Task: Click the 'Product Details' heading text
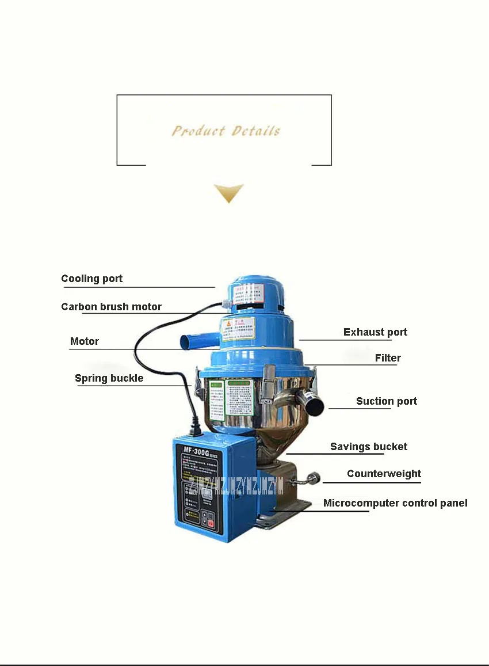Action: coord(226,131)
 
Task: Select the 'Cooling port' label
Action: coord(92,279)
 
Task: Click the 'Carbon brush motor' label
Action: coord(112,307)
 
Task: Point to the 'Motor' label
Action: coord(85,341)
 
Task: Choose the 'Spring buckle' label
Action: coord(109,378)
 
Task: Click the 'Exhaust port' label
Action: coord(375,332)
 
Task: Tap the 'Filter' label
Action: coord(388,358)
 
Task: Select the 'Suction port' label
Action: coord(387,401)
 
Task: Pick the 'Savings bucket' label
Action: coord(369,447)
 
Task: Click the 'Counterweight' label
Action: coord(384,474)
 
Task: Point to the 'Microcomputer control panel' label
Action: coord(395,503)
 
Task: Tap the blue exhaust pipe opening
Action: coord(185,342)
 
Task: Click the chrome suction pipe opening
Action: coord(315,405)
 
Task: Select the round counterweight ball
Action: coord(314,478)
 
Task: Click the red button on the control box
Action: coord(211,523)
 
